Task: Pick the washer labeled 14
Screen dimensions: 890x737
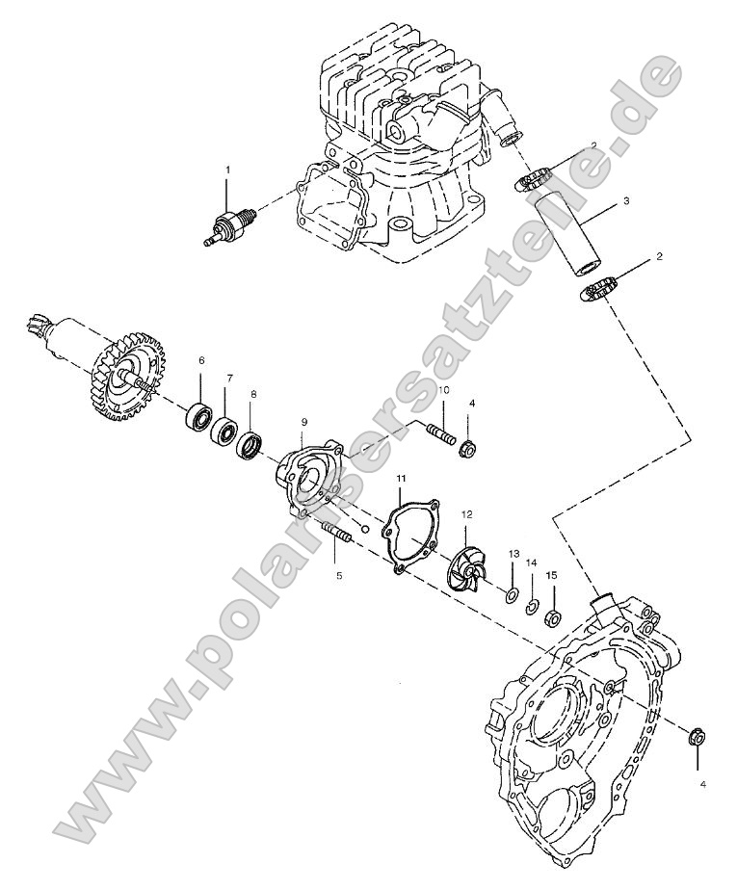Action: pos(530,606)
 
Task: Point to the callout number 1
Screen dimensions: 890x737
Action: pos(228,170)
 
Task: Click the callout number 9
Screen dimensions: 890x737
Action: pos(303,421)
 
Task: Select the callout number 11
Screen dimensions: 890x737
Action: pos(401,478)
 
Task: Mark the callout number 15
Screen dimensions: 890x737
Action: pos(550,575)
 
